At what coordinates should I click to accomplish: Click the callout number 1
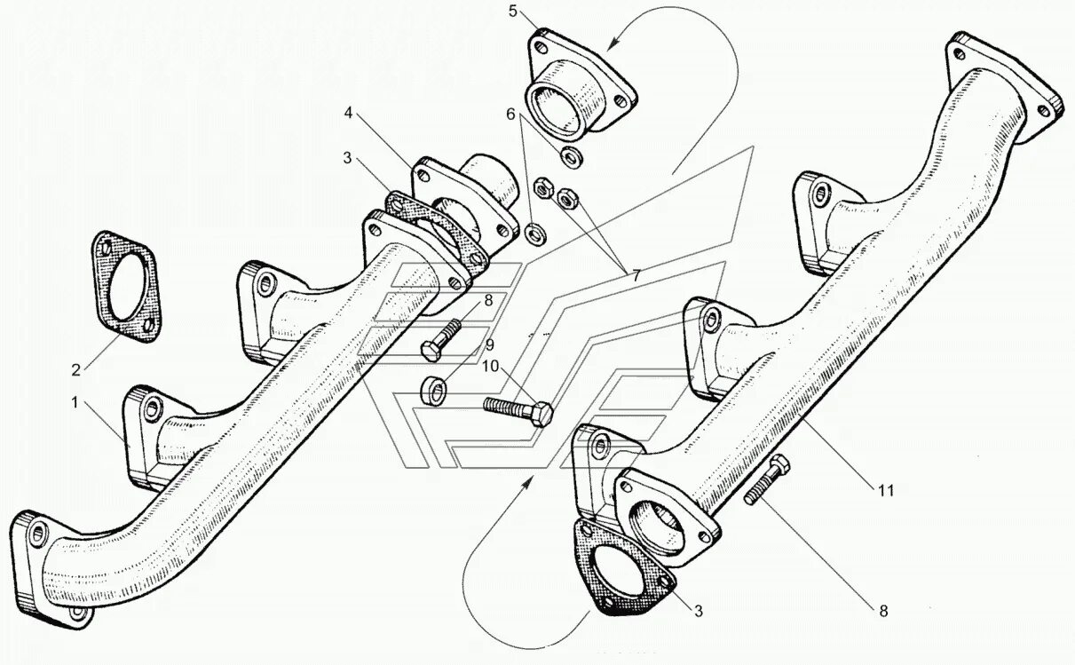click(77, 402)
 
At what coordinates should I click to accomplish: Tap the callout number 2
click(76, 368)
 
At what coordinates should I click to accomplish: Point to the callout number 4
click(350, 113)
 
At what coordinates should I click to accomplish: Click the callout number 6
click(510, 114)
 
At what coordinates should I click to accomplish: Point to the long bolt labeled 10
click(517, 410)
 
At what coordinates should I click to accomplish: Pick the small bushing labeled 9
click(432, 389)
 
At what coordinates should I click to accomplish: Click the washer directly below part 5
click(571, 156)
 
